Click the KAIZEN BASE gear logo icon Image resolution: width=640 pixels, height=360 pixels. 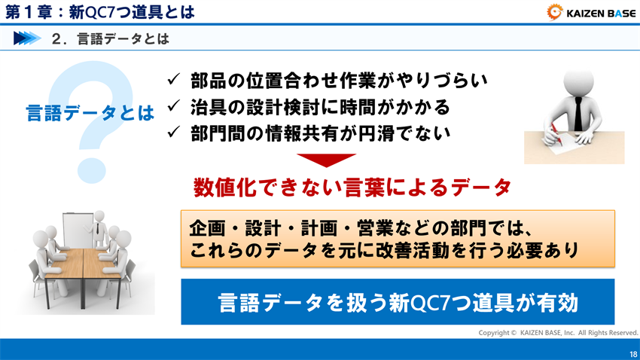556,11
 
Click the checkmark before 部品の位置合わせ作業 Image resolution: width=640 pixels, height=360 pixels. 172,78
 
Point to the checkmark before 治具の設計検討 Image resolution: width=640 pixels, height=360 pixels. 172,105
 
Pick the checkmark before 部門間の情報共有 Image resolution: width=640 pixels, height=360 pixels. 172,133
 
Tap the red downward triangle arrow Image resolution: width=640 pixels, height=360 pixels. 325,160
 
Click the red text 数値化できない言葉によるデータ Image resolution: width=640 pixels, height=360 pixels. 352,186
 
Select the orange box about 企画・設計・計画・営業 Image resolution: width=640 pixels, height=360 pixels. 398,238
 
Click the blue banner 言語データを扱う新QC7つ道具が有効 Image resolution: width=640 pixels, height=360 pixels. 398,302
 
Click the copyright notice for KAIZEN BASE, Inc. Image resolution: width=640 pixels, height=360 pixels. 558,332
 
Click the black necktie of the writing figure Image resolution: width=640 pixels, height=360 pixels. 577,113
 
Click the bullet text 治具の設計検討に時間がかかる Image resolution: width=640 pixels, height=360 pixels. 320,105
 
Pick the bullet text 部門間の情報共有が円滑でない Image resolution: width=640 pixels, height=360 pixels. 320,133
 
